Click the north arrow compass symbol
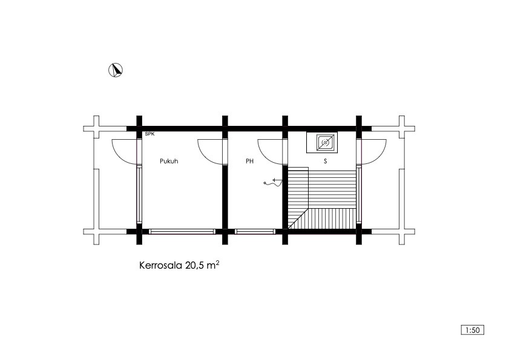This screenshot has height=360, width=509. tap(116, 70)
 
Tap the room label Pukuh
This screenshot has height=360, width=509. tap(169, 161)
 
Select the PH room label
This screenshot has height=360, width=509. tap(249, 161)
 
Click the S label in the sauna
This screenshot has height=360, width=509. tap(325, 161)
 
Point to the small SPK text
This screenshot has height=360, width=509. tap(149, 134)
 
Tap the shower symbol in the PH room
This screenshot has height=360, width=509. tap(273, 183)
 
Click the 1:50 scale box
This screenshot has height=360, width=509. tap(472, 330)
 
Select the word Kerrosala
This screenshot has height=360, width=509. tap(161, 265)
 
